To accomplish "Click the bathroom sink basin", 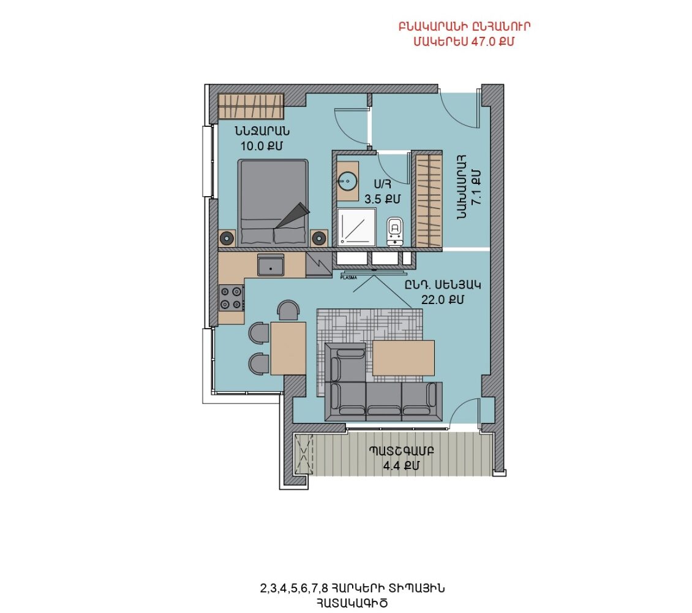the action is [347, 181].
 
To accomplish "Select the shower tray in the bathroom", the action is [356, 227].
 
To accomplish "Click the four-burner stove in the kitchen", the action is [231, 298].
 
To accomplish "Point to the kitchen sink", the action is [271, 265].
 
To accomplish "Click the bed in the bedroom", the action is [273, 203].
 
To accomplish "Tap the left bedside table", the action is [227, 238].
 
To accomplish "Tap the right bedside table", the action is [318, 238].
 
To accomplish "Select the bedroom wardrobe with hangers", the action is [251, 107].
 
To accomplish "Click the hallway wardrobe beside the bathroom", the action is [427, 200].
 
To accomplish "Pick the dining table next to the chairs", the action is [288, 348].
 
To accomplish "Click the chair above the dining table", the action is [288, 310].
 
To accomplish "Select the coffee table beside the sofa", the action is [404, 358].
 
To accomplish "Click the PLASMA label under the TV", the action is [348, 278].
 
